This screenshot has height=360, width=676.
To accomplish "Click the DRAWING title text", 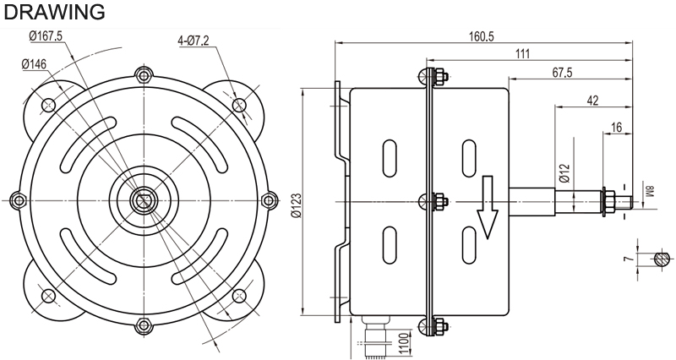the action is click(54, 12).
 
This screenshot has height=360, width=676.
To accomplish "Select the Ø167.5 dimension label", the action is click(46, 35).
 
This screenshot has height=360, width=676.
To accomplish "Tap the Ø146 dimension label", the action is click(34, 65).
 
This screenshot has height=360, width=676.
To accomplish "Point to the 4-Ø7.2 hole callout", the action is click(194, 41).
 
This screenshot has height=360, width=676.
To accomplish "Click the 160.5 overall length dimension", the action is click(481, 36).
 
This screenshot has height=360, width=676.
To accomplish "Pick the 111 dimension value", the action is click(522, 54).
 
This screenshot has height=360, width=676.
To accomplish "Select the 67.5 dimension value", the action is click(562, 73).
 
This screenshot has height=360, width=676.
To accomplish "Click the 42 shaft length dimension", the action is click(593, 101).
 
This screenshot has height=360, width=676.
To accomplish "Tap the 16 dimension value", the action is click(617, 128).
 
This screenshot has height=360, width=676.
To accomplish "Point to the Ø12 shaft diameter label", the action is click(565, 173).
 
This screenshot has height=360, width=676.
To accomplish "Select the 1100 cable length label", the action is click(403, 342).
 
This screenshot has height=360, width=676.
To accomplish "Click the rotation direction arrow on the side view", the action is click(488, 207).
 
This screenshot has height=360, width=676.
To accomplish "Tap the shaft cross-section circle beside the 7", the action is click(662, 259).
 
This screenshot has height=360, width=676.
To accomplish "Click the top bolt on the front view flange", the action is click(143, 75).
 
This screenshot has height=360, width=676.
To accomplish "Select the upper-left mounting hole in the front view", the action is click(49, 105).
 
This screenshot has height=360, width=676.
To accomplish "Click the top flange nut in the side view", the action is click(440, 77).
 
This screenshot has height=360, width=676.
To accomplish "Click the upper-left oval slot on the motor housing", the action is click(389, 158).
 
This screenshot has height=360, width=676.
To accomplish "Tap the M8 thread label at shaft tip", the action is click(651, 191).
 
